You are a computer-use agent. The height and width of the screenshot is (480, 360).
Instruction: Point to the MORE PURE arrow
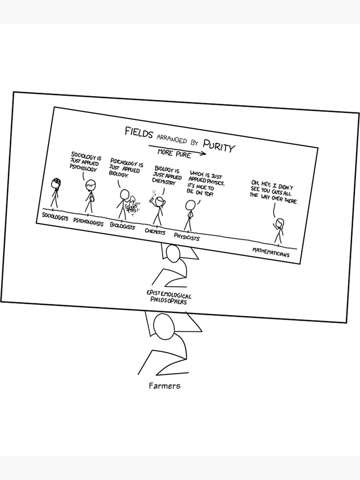pos(177,151)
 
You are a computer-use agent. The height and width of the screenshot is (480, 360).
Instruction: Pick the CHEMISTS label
pos(155,231)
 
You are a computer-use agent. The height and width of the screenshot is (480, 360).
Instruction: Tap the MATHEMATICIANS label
pos(271,252)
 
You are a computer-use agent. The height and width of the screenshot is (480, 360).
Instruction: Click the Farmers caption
pos(164,385)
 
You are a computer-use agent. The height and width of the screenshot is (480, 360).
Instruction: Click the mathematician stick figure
pos(279,230)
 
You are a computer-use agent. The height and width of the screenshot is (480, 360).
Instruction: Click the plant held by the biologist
pos(131,205)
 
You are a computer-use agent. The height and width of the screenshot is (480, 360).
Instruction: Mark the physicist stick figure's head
pos(191,204)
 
